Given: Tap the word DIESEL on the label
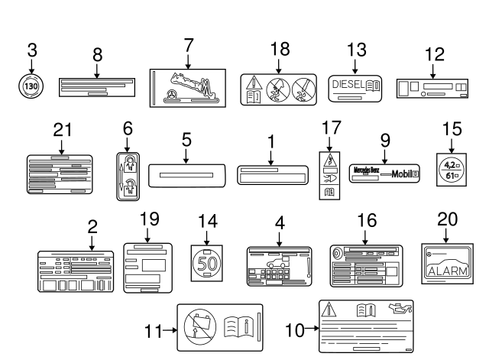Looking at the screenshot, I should (349, 85).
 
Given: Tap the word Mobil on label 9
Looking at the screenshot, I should (401, 174).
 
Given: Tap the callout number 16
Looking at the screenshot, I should (367, 221).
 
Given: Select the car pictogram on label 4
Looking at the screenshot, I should (273, 269).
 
